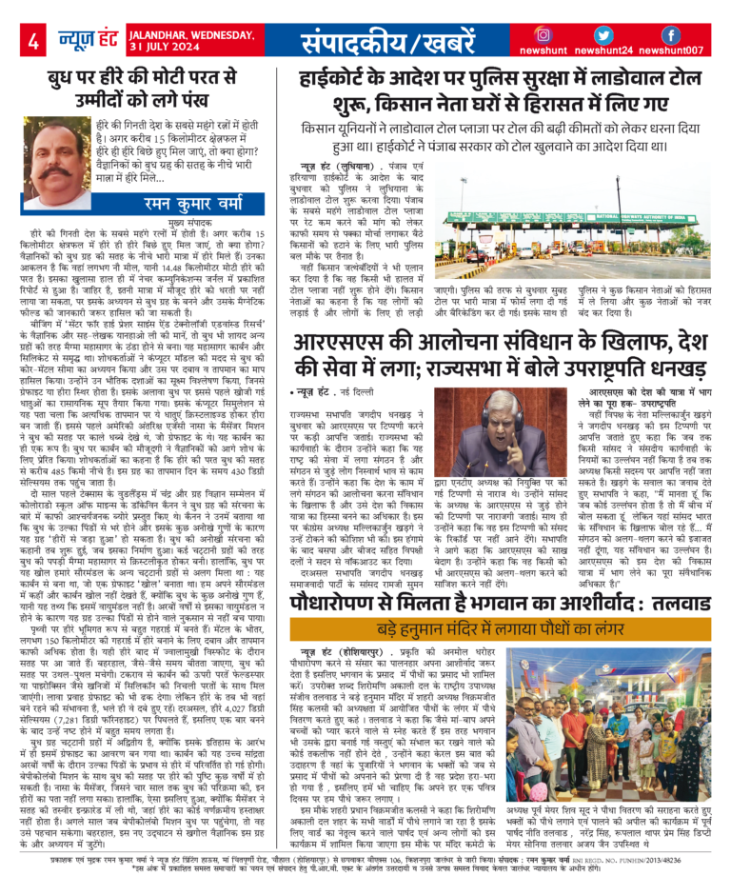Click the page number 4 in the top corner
pyautogui.click(x=32, y=42)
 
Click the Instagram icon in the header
pyautogui.click(x=543, y=35)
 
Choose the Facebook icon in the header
pyautogui.click(x=670, y=35)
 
